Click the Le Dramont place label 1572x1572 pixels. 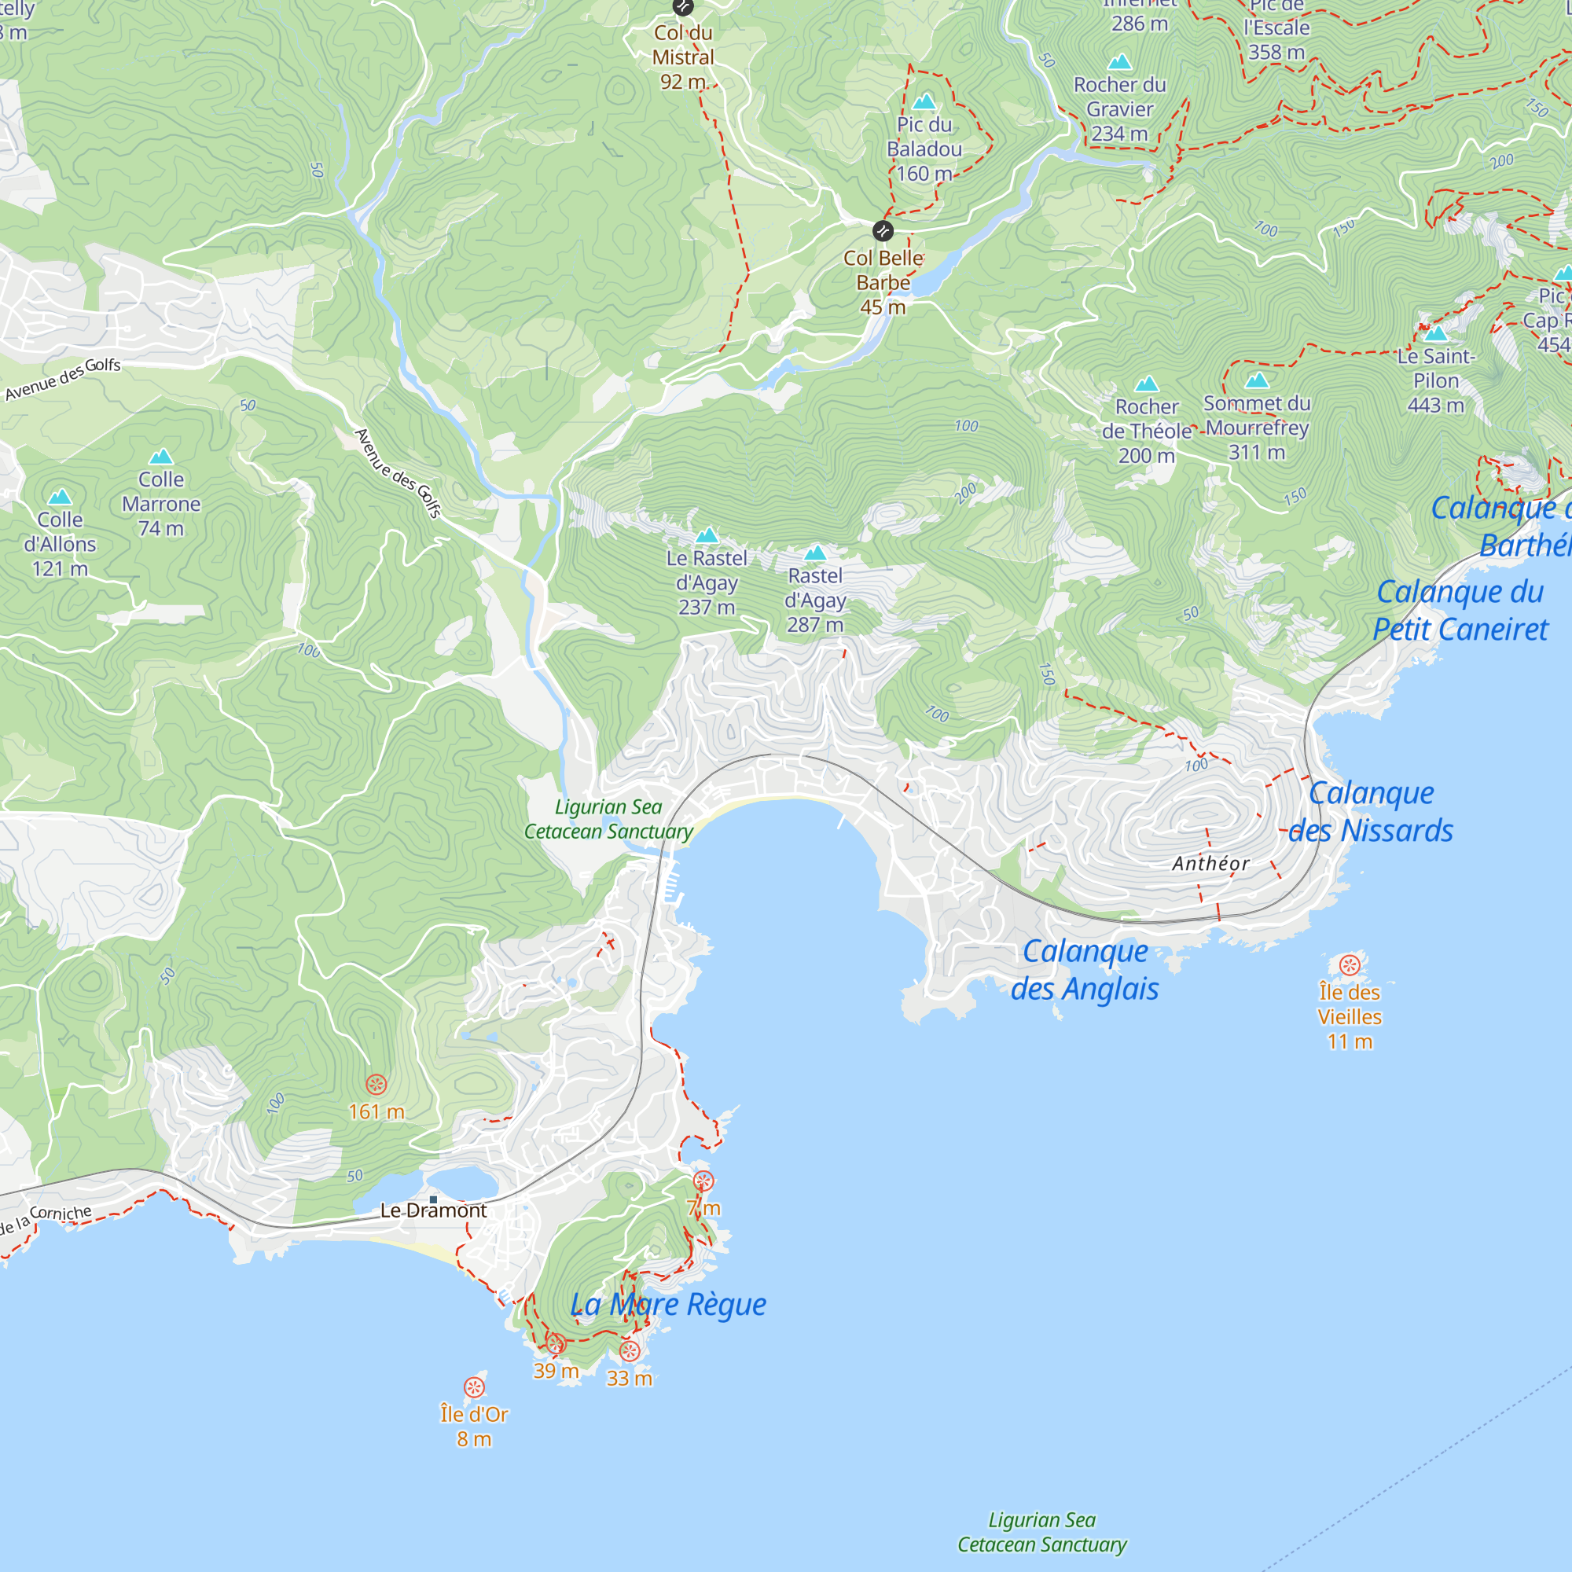pos(434,1210)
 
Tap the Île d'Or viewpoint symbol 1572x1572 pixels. pos(475,1387)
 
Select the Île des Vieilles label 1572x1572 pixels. pos(1349,1016)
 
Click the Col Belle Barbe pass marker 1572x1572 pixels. pos(883,231)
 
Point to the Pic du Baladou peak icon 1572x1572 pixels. pos(924,101)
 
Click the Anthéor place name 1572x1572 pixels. pos(1210,864)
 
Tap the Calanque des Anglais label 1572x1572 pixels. pos(1085,970)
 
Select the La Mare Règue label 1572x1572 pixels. pos(667,1304)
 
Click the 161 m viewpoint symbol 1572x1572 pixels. pos(376,1084)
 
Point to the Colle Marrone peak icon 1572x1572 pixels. pos(161,457)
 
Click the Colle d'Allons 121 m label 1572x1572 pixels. pos(61,544)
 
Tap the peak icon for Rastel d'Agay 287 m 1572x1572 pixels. pos(815,553)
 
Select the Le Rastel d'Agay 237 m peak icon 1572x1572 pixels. pos(707,535)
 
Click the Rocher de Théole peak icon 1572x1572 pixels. pos(1147,384)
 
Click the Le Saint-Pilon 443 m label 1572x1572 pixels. pos(1435,380)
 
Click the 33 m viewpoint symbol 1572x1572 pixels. pos(630,1351)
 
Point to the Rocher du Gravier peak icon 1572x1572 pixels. pos(1119,62)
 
